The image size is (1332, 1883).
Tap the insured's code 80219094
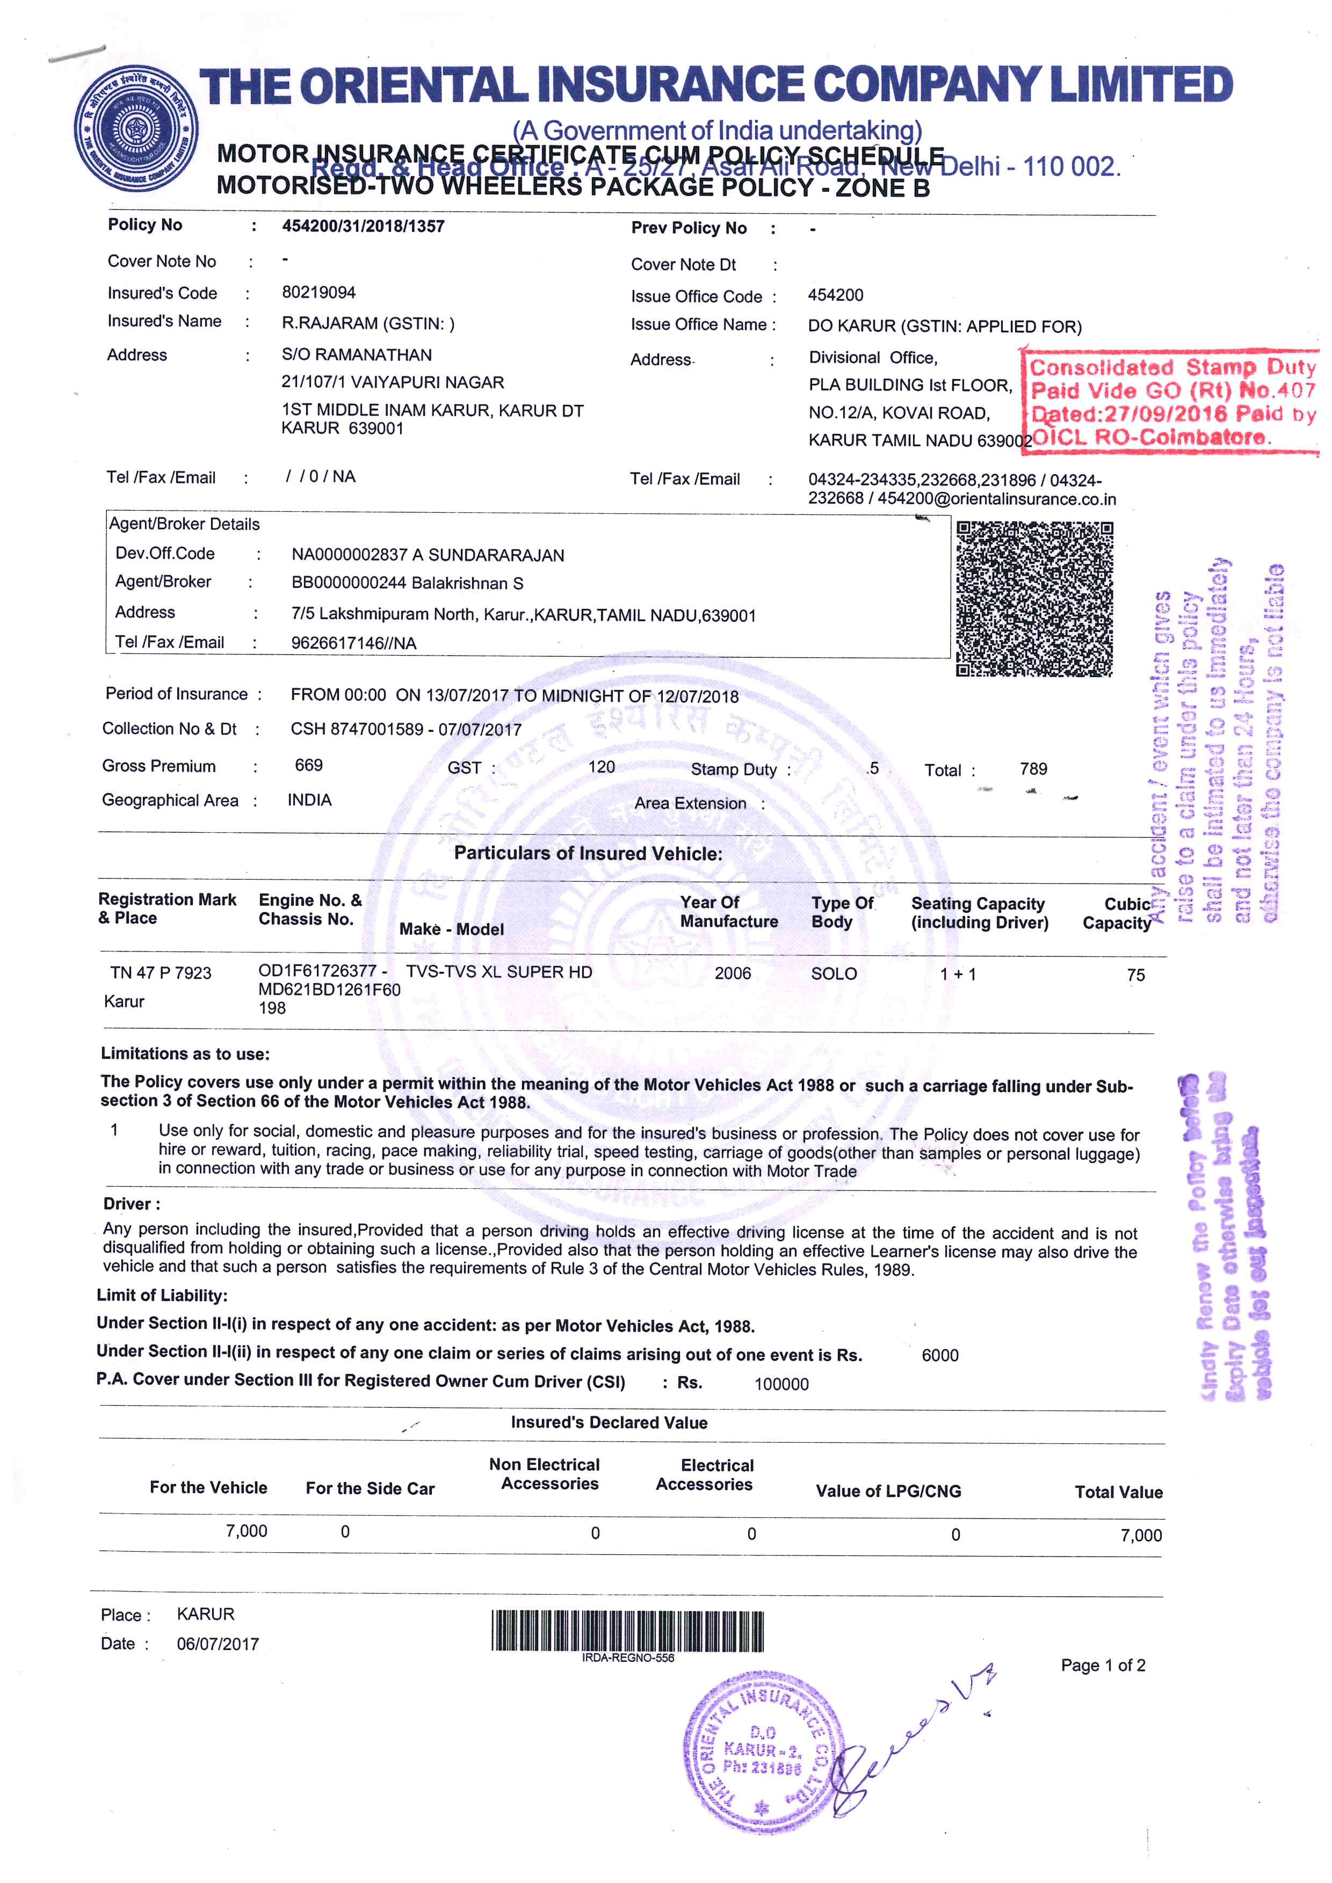318,293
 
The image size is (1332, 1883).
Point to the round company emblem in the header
135,129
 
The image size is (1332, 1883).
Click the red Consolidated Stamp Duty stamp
1171,402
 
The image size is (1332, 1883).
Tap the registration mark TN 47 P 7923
161,973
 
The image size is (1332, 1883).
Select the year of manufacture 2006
733,973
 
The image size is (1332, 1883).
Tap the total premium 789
1033,768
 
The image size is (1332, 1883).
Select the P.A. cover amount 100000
781,1384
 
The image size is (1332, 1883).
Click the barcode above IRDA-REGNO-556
627,1631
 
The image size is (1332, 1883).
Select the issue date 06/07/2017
218,1645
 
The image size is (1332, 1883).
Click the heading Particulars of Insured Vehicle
588,854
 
